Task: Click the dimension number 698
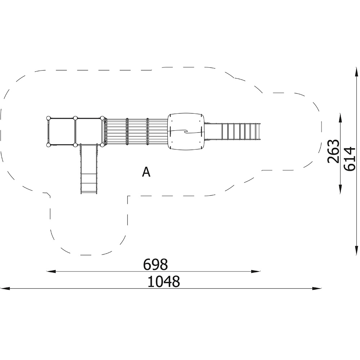156,265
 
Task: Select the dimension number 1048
163,282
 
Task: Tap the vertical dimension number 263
333,151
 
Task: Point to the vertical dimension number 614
350,159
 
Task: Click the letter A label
146,172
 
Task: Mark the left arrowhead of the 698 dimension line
51,271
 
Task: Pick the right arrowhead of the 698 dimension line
256,271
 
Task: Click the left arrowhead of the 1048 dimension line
5,288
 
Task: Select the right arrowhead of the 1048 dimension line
317,288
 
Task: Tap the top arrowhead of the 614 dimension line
356,72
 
